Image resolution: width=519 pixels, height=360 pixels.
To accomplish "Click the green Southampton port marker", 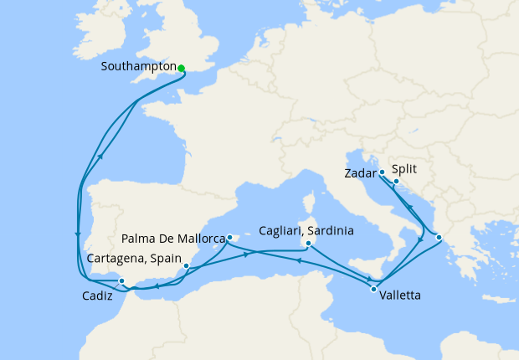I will click(x=181, y=68).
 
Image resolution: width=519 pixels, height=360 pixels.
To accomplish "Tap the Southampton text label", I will click(x=137, y=66).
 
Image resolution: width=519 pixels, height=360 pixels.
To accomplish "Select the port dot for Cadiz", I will click(x=121, y=281).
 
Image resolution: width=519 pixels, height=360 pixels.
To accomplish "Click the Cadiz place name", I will click(x=99, y=296).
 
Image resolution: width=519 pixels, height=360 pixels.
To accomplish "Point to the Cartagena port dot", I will click(x=186, y=267).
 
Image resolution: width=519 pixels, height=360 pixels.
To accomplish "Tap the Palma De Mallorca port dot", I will click(x=229, y=238).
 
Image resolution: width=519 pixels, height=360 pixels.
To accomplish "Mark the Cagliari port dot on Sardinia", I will click(x=309, y=244).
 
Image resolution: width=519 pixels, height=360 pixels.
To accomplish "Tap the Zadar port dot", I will click(x=382, y=172).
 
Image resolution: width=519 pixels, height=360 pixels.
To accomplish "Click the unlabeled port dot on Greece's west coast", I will click(x=439, y=237).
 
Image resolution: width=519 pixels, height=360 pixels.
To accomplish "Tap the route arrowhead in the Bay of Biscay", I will click(x=101, y=156).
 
